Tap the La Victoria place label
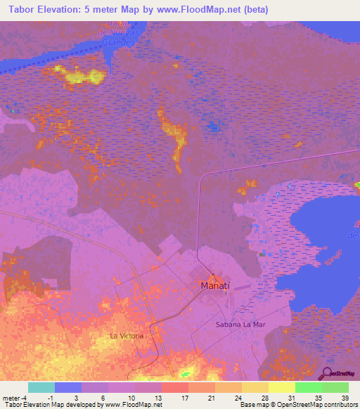tap(127, 336)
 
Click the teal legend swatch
tap(41, 387)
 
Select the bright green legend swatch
tap(309, 387)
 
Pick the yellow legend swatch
tap(282, 387)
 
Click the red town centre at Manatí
tap(210, 275)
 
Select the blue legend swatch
tap(68, 387)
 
